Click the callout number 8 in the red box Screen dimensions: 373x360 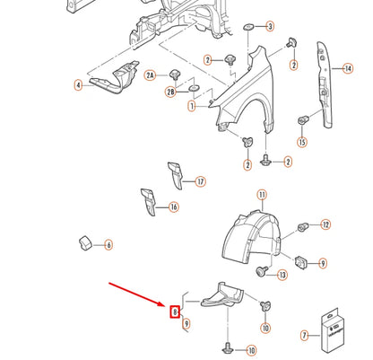coord(175,312)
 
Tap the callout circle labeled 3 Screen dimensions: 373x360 coord(270,26)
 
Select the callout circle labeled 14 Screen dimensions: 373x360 coord(348,68)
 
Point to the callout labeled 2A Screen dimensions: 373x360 coord(151,75)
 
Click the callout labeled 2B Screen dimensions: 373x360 coord(170,92)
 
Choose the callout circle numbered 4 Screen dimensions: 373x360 coord(78,85)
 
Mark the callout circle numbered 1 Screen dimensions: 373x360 coord(192,106)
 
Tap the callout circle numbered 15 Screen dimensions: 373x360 coord(302,142)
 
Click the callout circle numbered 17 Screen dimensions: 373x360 coord(201,181)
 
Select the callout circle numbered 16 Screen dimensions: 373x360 coord(174,207)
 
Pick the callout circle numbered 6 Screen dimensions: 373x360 coord(108,245)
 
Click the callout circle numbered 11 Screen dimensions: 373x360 coord(262,196)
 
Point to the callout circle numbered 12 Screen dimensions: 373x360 coord(325,224)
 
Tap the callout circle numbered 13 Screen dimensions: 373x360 coord(282,275)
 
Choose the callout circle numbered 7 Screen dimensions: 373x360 coord(305,336)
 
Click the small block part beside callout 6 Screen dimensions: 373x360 coord(85,242)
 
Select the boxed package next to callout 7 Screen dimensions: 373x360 coord(333,329)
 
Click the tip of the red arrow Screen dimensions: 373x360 coord(166,306)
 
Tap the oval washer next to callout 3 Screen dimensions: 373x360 coord(248,27)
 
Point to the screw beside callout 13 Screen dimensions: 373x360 coord(262,271)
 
